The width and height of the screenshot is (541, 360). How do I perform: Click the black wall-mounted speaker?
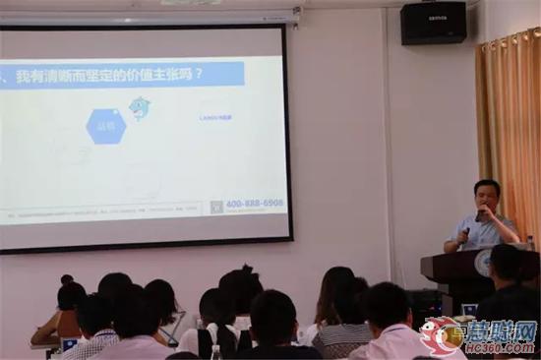click(x=433, y=23)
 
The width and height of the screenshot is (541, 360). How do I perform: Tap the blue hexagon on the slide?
click(x=105, y=126)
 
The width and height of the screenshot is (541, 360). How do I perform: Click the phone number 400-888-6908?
click(x=254, y=204)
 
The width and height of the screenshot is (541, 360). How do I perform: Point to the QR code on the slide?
click(x=216, y=207)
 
